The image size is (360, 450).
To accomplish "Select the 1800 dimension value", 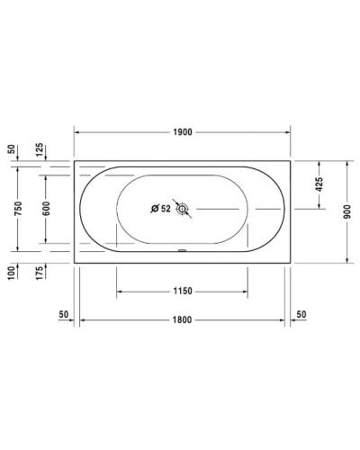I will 182,319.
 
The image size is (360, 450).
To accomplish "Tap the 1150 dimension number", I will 182,292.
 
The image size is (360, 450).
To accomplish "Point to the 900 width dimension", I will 346,211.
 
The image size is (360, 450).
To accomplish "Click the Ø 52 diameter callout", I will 160,210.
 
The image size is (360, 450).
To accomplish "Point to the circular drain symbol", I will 184,210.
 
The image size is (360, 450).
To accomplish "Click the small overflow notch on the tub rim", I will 182,251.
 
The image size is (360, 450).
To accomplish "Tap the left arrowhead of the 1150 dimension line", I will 119,292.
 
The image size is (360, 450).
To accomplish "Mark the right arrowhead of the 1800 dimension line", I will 282,319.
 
